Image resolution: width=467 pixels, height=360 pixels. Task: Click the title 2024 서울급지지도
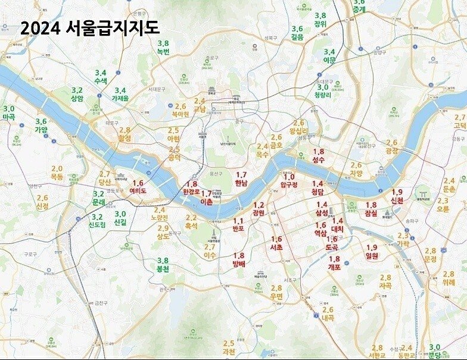pyautogui.click(x=90, y=29)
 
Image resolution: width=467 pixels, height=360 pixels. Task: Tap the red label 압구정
pyautogui.click(x=289, y=184)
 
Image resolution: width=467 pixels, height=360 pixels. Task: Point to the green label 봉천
pyautogui.click(x=162, y=269)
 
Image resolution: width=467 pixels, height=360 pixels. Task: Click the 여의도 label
pyautogui.click(x=138, y=191)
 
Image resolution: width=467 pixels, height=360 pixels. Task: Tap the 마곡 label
pyautogui.click(x=9, y=117)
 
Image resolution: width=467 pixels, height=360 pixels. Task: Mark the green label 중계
pyautogui.click(x=359, y=10)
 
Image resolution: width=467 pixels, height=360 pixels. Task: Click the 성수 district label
pyautogui.click(x=319, y=160)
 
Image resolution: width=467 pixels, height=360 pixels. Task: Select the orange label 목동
pyautogui.click(x=57, y=177)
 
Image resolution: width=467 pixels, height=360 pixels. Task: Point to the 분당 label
pyautogui.click(x=435, y=355)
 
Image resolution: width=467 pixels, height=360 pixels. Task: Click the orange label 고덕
pyautogui.click(x=460, y=126)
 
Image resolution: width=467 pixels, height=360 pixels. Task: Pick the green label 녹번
pyautogui.click(x=163, y=52)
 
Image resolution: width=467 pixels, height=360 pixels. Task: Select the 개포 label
pyautogui.click(x=334, y=267)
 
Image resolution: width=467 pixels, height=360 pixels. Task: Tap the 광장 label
pyautogui.click(x=391, y=151)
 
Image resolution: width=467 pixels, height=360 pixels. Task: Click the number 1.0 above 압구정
pyautogui.click(x=289, y=177)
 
